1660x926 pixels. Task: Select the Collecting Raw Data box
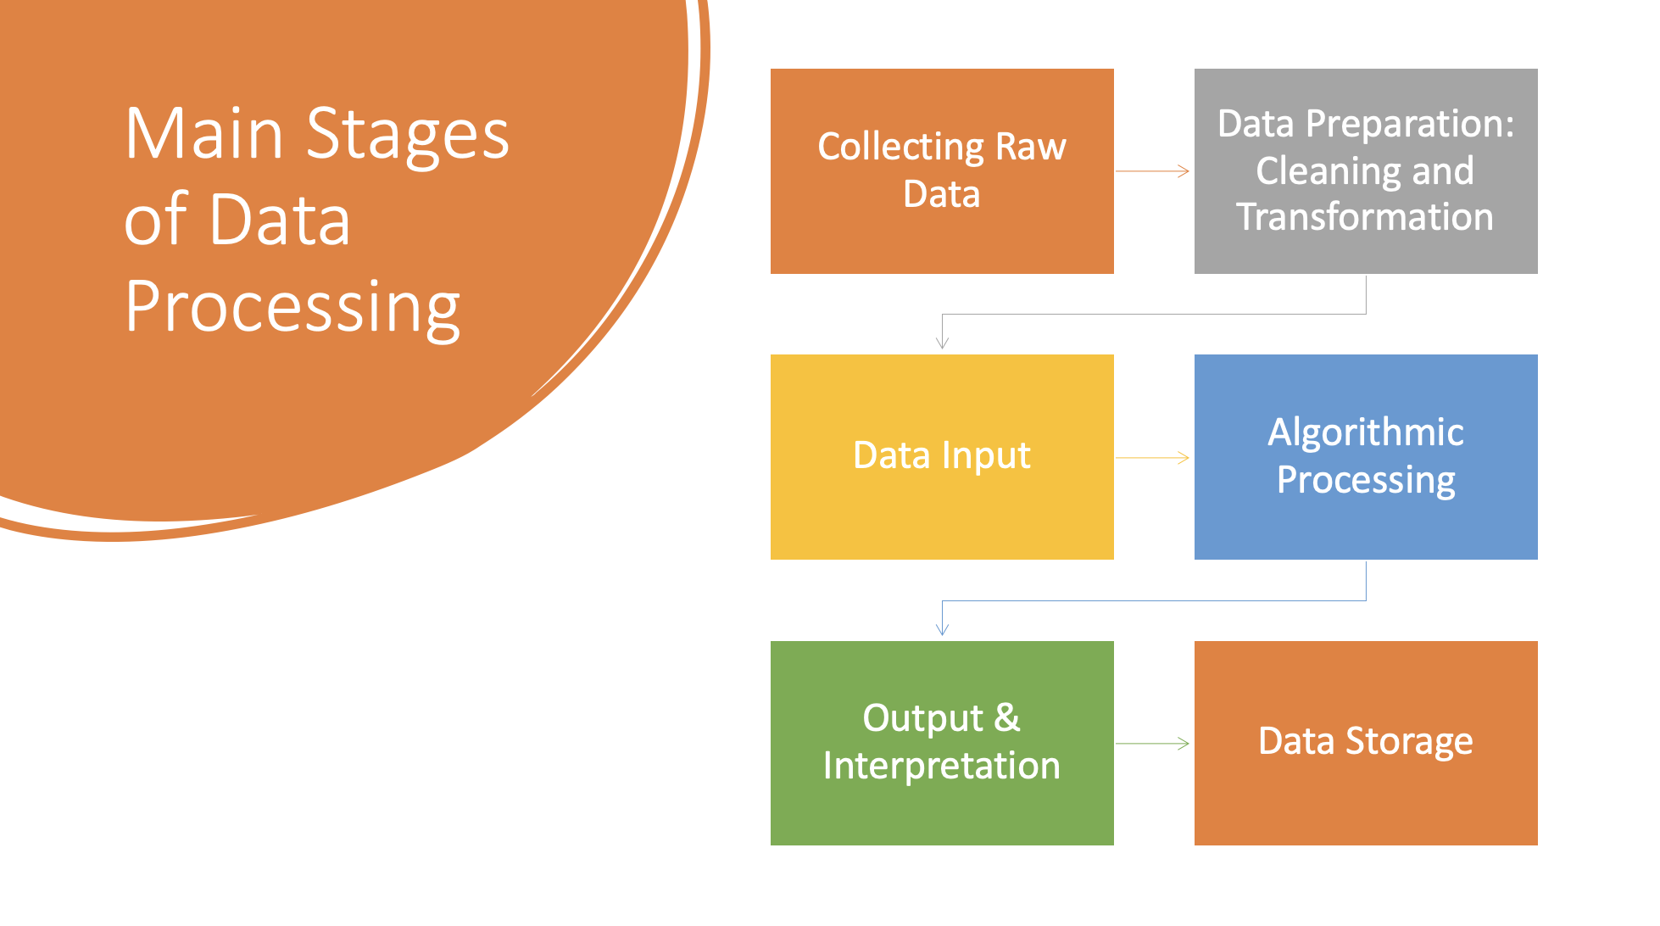[x=942, y=171]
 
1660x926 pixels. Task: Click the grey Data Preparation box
[x=1366, y=171]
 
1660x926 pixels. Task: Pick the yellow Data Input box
[x=942, y=457]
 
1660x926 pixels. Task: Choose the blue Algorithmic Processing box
[x=1366, y=457]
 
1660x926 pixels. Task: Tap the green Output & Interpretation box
[x=942, y=743]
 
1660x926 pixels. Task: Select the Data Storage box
[x=1366, y=743]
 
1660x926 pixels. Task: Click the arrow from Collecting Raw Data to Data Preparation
[x=1153, y=171]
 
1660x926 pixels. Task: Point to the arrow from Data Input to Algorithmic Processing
[x=1153, y=458]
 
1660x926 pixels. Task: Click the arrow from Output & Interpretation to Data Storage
[x=1153, y=744]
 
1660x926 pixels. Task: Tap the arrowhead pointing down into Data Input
[x=942, y=343]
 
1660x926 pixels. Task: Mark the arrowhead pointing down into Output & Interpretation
[x=942, y=629]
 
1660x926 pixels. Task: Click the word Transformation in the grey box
[x=1365, y=217]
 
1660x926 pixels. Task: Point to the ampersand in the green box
[x=1006, y=717]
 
